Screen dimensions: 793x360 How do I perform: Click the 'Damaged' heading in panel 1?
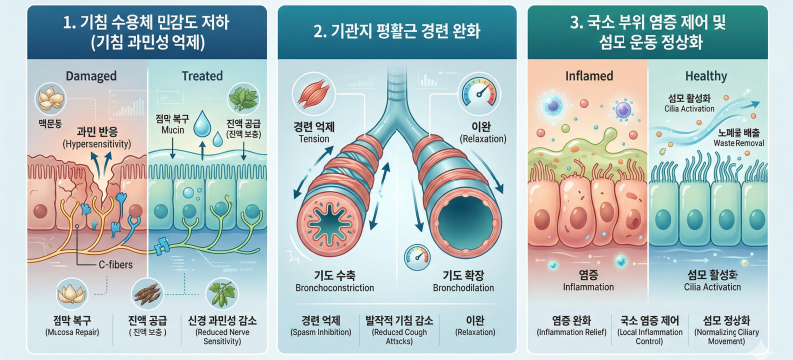click(x=91, y=76)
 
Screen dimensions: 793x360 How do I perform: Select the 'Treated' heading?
click(x=202, y=76)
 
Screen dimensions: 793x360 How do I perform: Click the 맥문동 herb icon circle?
click(x=52, y=100)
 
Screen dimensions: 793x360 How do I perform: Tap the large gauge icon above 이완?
click(x=477, y=92)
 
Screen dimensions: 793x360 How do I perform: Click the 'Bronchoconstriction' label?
click(x=335, y=288)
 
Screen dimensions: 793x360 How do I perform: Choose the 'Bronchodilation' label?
click(x=463, y=288)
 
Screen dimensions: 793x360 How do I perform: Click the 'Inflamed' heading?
click(x=588, y=76)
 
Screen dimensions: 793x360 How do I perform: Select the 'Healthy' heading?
click(x=706, y=77)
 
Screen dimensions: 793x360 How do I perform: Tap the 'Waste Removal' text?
click(x=738, y=143)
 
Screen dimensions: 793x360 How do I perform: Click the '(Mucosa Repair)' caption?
click(x=67, y=333)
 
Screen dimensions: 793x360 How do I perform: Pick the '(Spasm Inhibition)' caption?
click(x=321, y=332)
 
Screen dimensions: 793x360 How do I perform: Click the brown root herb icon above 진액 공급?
click(x=147, y=295)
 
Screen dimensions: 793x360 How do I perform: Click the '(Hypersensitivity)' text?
click(x=97, y=144)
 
